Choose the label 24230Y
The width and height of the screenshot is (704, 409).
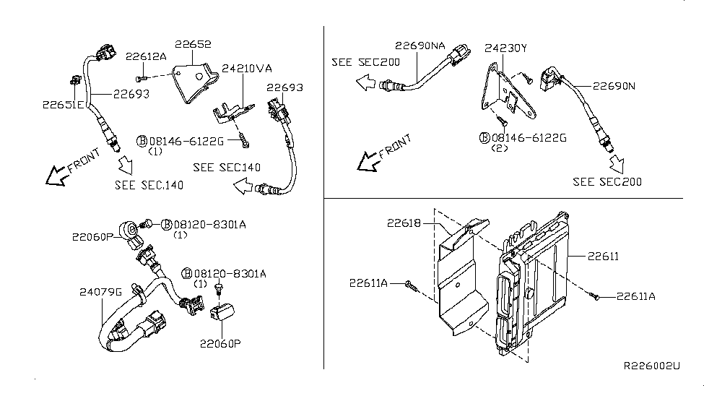pyautogui.click(x=505, y=48)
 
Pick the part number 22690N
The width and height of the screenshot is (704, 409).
pyautogui.click(x=614, y=85)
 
